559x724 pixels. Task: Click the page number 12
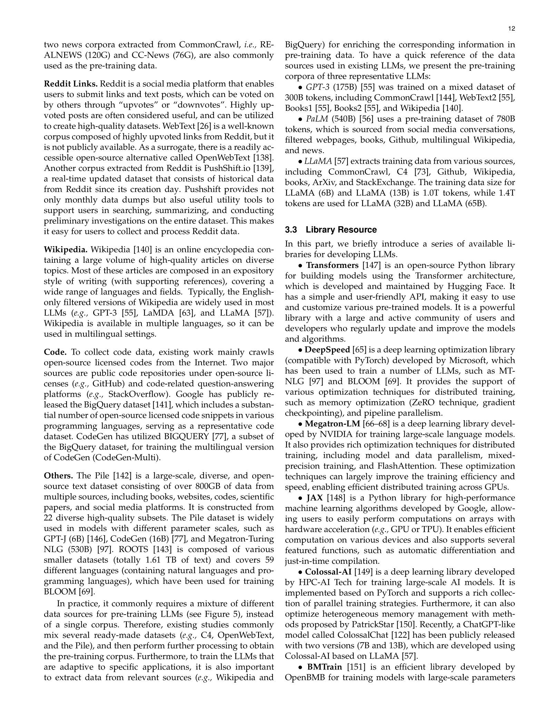pyautogui.click(x=512, y=29)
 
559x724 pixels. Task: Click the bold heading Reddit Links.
pyautogui.click(x=71, y=84)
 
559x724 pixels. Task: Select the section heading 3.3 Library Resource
pyautogui.click(x=331, y=230)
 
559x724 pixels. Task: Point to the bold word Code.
pyautogui.click(x=55, y=352)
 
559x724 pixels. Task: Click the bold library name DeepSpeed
pyautogui.click(x=327, y=350)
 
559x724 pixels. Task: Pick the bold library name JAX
pyautogui.click(x=315, y=498)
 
